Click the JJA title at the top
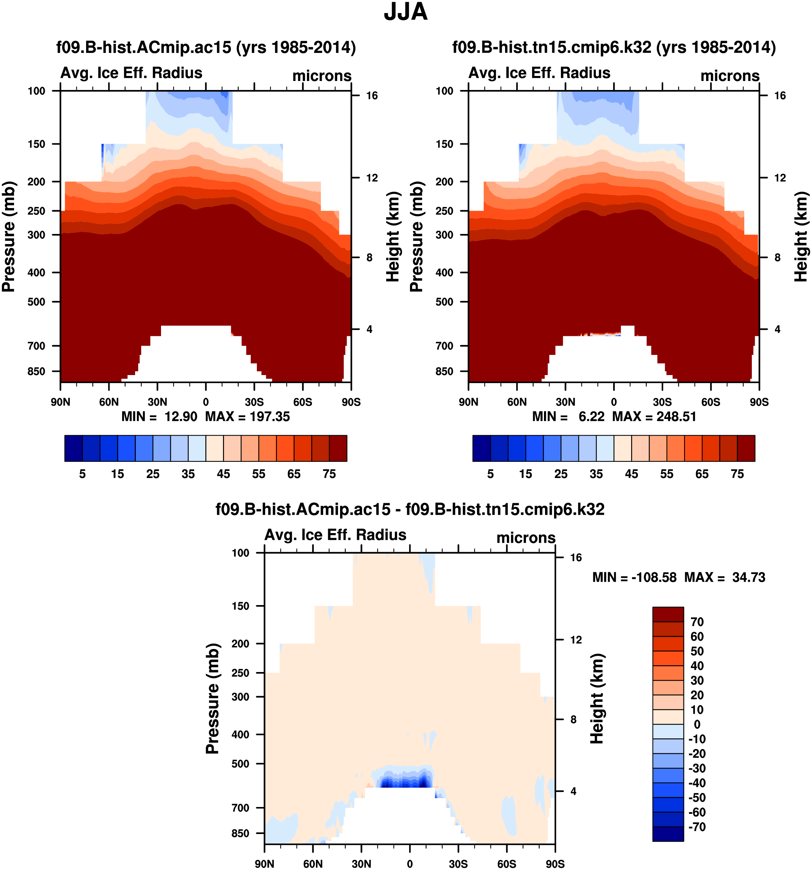pyautogui.click(x=406, y=12)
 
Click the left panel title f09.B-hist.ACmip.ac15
pyautogui.click(x=206, y=47)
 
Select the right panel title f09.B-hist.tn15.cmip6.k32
pyautogui.click(x=614, y=47)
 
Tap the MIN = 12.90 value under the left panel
pyautogui.click(x=160, y=416)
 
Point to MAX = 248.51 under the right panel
pyautogui.click(x=654, y=416)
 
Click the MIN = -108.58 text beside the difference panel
pyautogui.click(x=634, y=577)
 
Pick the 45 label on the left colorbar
pyautogui.click(x=223, y=474)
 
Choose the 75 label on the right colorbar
pyautogui.click(x=737, y=474)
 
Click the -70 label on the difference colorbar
pyautogui.click(x=697, y=827)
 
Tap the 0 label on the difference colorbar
pyautogui.click(x=697, y=724)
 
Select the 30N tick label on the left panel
pyautogui.click(x=157, y=402)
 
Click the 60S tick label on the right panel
pyautogui.click(x=710, y=402)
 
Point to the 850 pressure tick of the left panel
pyautogui.click(x=36, y=371)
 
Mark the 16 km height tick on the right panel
pyautogui.click(x=780, y=95)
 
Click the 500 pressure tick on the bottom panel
pyautogui.click(x=240, y=764)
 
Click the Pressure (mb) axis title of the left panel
pyautogui.click(x=9, y=236)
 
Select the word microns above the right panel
pyautogui.click(x=730, y=76)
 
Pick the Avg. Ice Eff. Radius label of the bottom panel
pyautogui.click(x=335, y=535)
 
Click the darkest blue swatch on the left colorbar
pyautogui.click(x=73, y=448)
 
